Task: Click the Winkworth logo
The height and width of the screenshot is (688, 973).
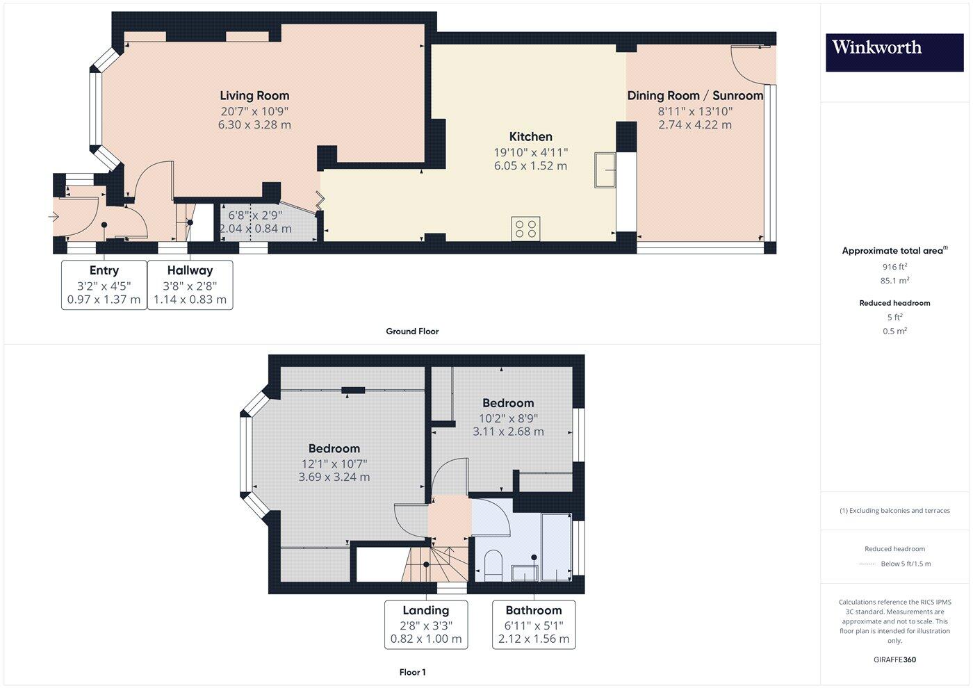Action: [x=894, y=53]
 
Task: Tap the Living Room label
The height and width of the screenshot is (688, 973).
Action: [x=254, y=96]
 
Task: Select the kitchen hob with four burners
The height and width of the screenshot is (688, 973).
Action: [x=525, y=229]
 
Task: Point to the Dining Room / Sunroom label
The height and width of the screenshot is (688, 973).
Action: [x=695, y=96]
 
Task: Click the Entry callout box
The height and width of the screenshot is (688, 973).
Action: [x=104, y=285]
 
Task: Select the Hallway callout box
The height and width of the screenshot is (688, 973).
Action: [x=190, y=285]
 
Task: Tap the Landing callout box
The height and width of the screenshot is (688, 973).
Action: [x=426, y=625]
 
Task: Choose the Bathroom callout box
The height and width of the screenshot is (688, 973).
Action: [x=534, y=625]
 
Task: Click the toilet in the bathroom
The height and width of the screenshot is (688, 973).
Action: [x=492, y=564]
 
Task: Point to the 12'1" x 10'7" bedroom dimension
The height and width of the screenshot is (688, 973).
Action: [x=334, y=464]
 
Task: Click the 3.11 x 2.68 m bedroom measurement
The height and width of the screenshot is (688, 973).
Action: [x=508, y=432]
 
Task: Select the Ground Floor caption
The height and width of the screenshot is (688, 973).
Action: [x=412, y=331]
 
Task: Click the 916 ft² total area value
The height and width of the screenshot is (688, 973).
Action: [x=894, y=266]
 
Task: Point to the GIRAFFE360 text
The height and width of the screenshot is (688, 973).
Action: [x=894, y=660]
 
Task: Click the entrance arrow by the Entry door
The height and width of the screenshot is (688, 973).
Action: [x=54, y=217]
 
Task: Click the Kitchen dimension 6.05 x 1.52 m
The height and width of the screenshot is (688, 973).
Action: [x=530, y=166]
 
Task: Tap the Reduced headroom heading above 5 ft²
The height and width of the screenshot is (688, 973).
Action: [x=894, y=303]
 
